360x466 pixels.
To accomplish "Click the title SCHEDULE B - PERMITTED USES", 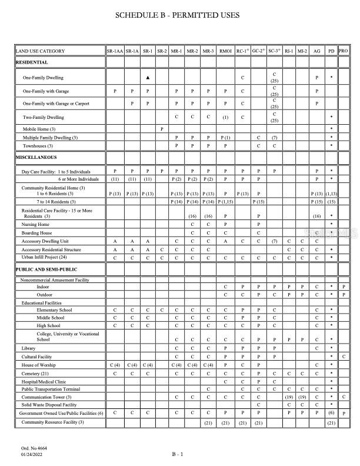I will pos(180,15).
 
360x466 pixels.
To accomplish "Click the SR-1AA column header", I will pos(114,51).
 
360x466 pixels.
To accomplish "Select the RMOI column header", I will pos(225,51).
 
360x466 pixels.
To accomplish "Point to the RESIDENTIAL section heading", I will pos(32,62).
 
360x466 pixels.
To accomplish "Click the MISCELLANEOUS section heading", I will pos(36,158).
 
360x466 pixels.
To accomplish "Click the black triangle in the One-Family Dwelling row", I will pos(148,78).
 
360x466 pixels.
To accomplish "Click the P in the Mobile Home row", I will pos(162,128).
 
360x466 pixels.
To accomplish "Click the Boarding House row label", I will pos(36,232).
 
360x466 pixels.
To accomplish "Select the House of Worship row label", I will pos(39,365).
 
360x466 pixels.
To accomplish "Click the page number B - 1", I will pos(178,454).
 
